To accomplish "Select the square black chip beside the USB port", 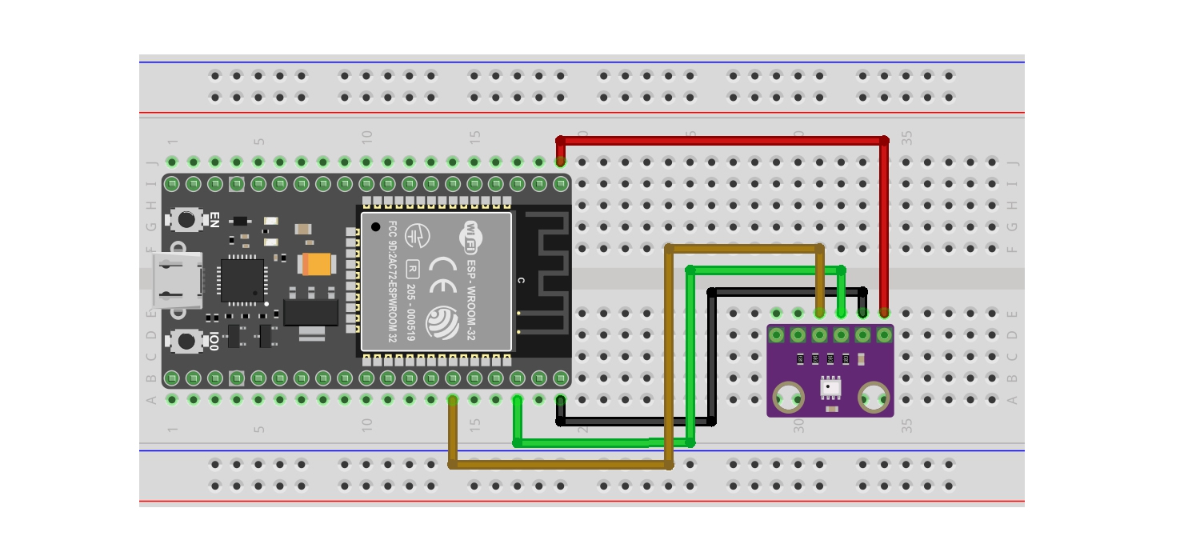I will coord(242,280).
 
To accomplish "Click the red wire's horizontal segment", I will coord(720,140).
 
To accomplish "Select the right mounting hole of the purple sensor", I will coord(873,395).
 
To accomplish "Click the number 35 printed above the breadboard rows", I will coord(906,138).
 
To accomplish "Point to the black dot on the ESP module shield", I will coord(375,227).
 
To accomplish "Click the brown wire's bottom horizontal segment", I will coord(560,464).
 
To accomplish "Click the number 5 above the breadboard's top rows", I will coord(259,142).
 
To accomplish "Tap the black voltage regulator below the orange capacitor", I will coord(310,311).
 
